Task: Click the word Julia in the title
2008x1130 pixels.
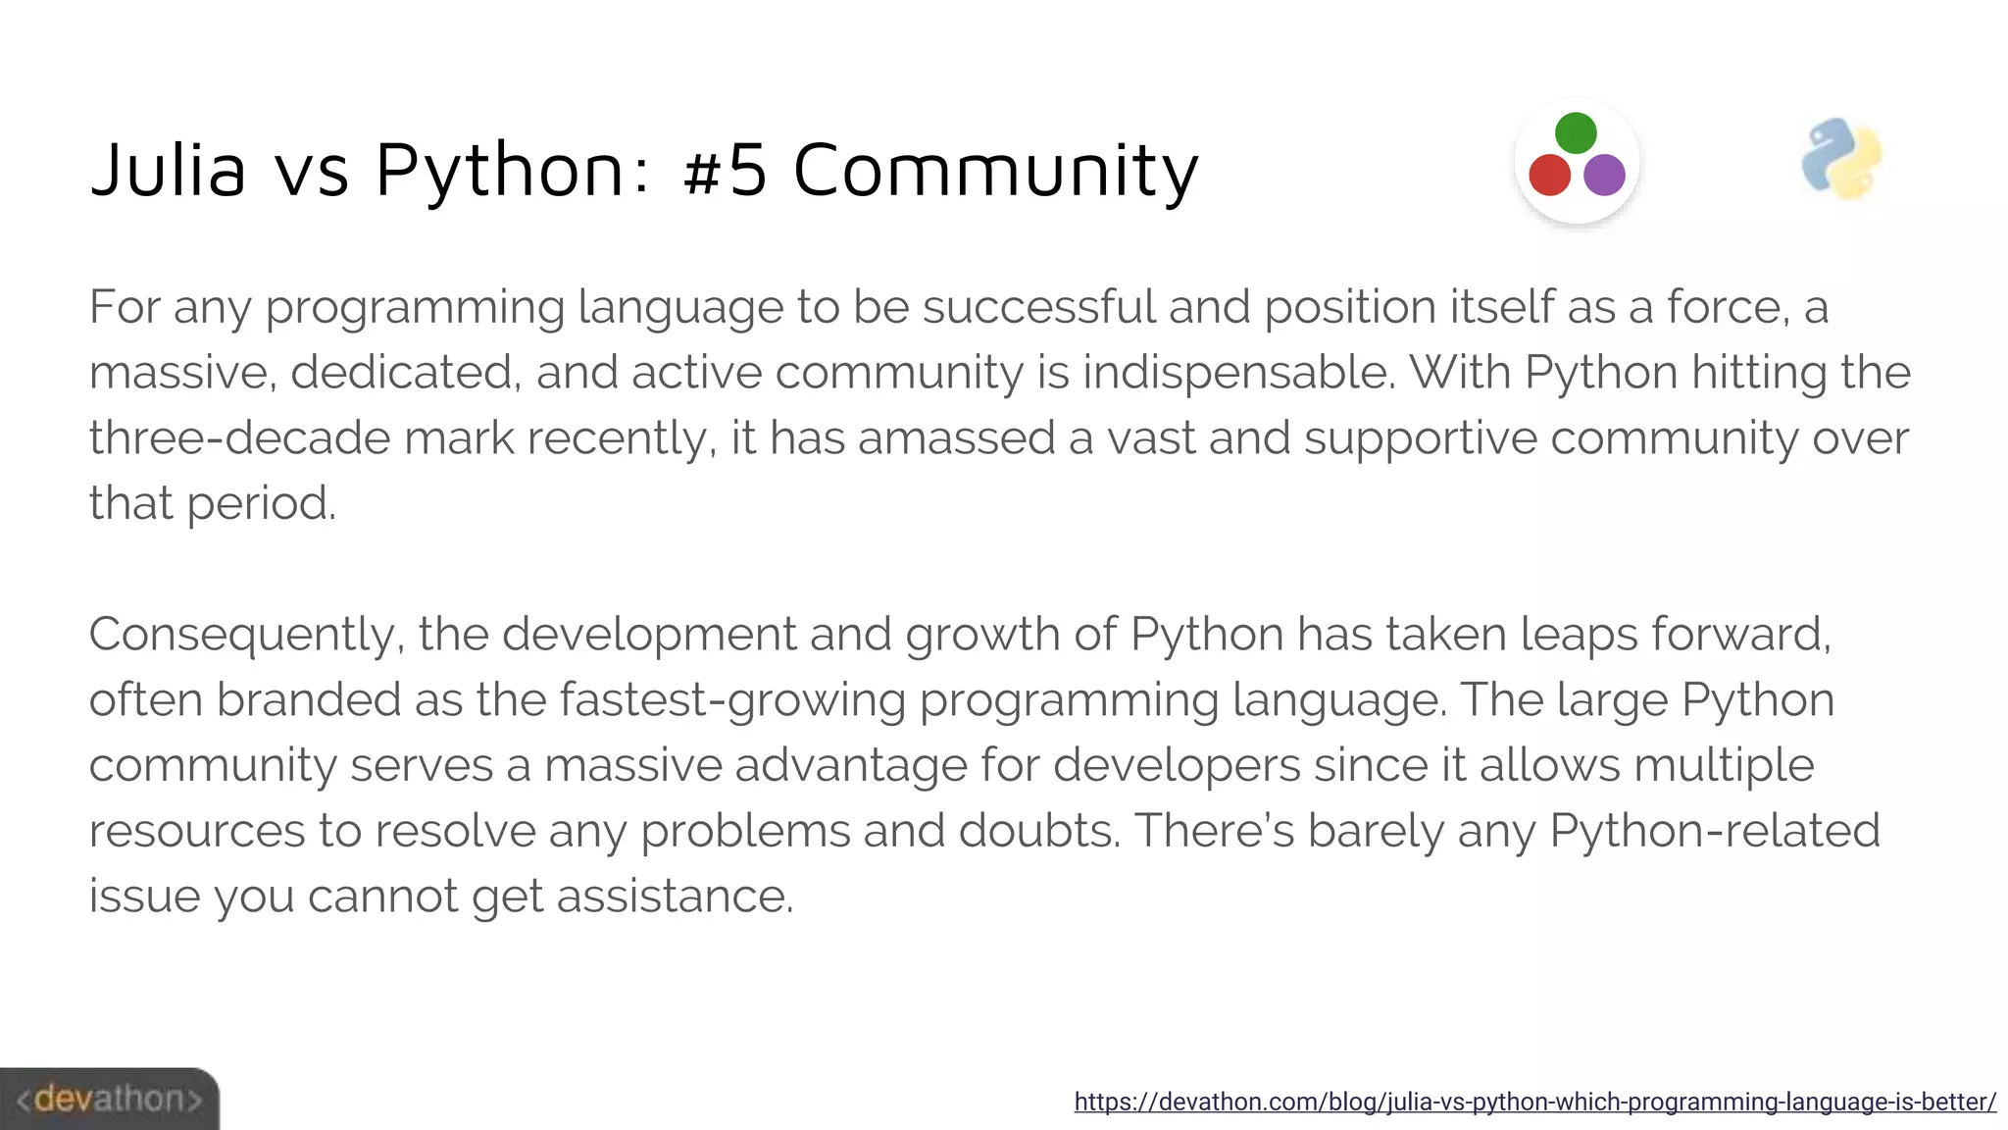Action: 168,170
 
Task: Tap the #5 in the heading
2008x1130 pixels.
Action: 726,170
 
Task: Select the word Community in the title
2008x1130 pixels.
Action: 995,170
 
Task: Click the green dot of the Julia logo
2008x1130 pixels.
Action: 1576,133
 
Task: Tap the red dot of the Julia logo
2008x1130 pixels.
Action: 1549,176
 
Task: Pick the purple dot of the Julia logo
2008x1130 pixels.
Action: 1604,176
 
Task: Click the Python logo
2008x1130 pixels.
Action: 1841,159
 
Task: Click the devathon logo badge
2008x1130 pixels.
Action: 109,1099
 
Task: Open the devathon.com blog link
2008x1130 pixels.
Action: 1534,1102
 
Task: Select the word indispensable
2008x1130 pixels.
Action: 1238,373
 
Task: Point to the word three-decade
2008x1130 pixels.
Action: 239,437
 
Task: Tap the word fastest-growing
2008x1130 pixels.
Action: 732,700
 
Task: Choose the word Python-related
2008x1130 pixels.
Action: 1715,831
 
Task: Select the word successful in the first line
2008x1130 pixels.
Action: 1038,307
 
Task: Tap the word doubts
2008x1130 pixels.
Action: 1039,831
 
